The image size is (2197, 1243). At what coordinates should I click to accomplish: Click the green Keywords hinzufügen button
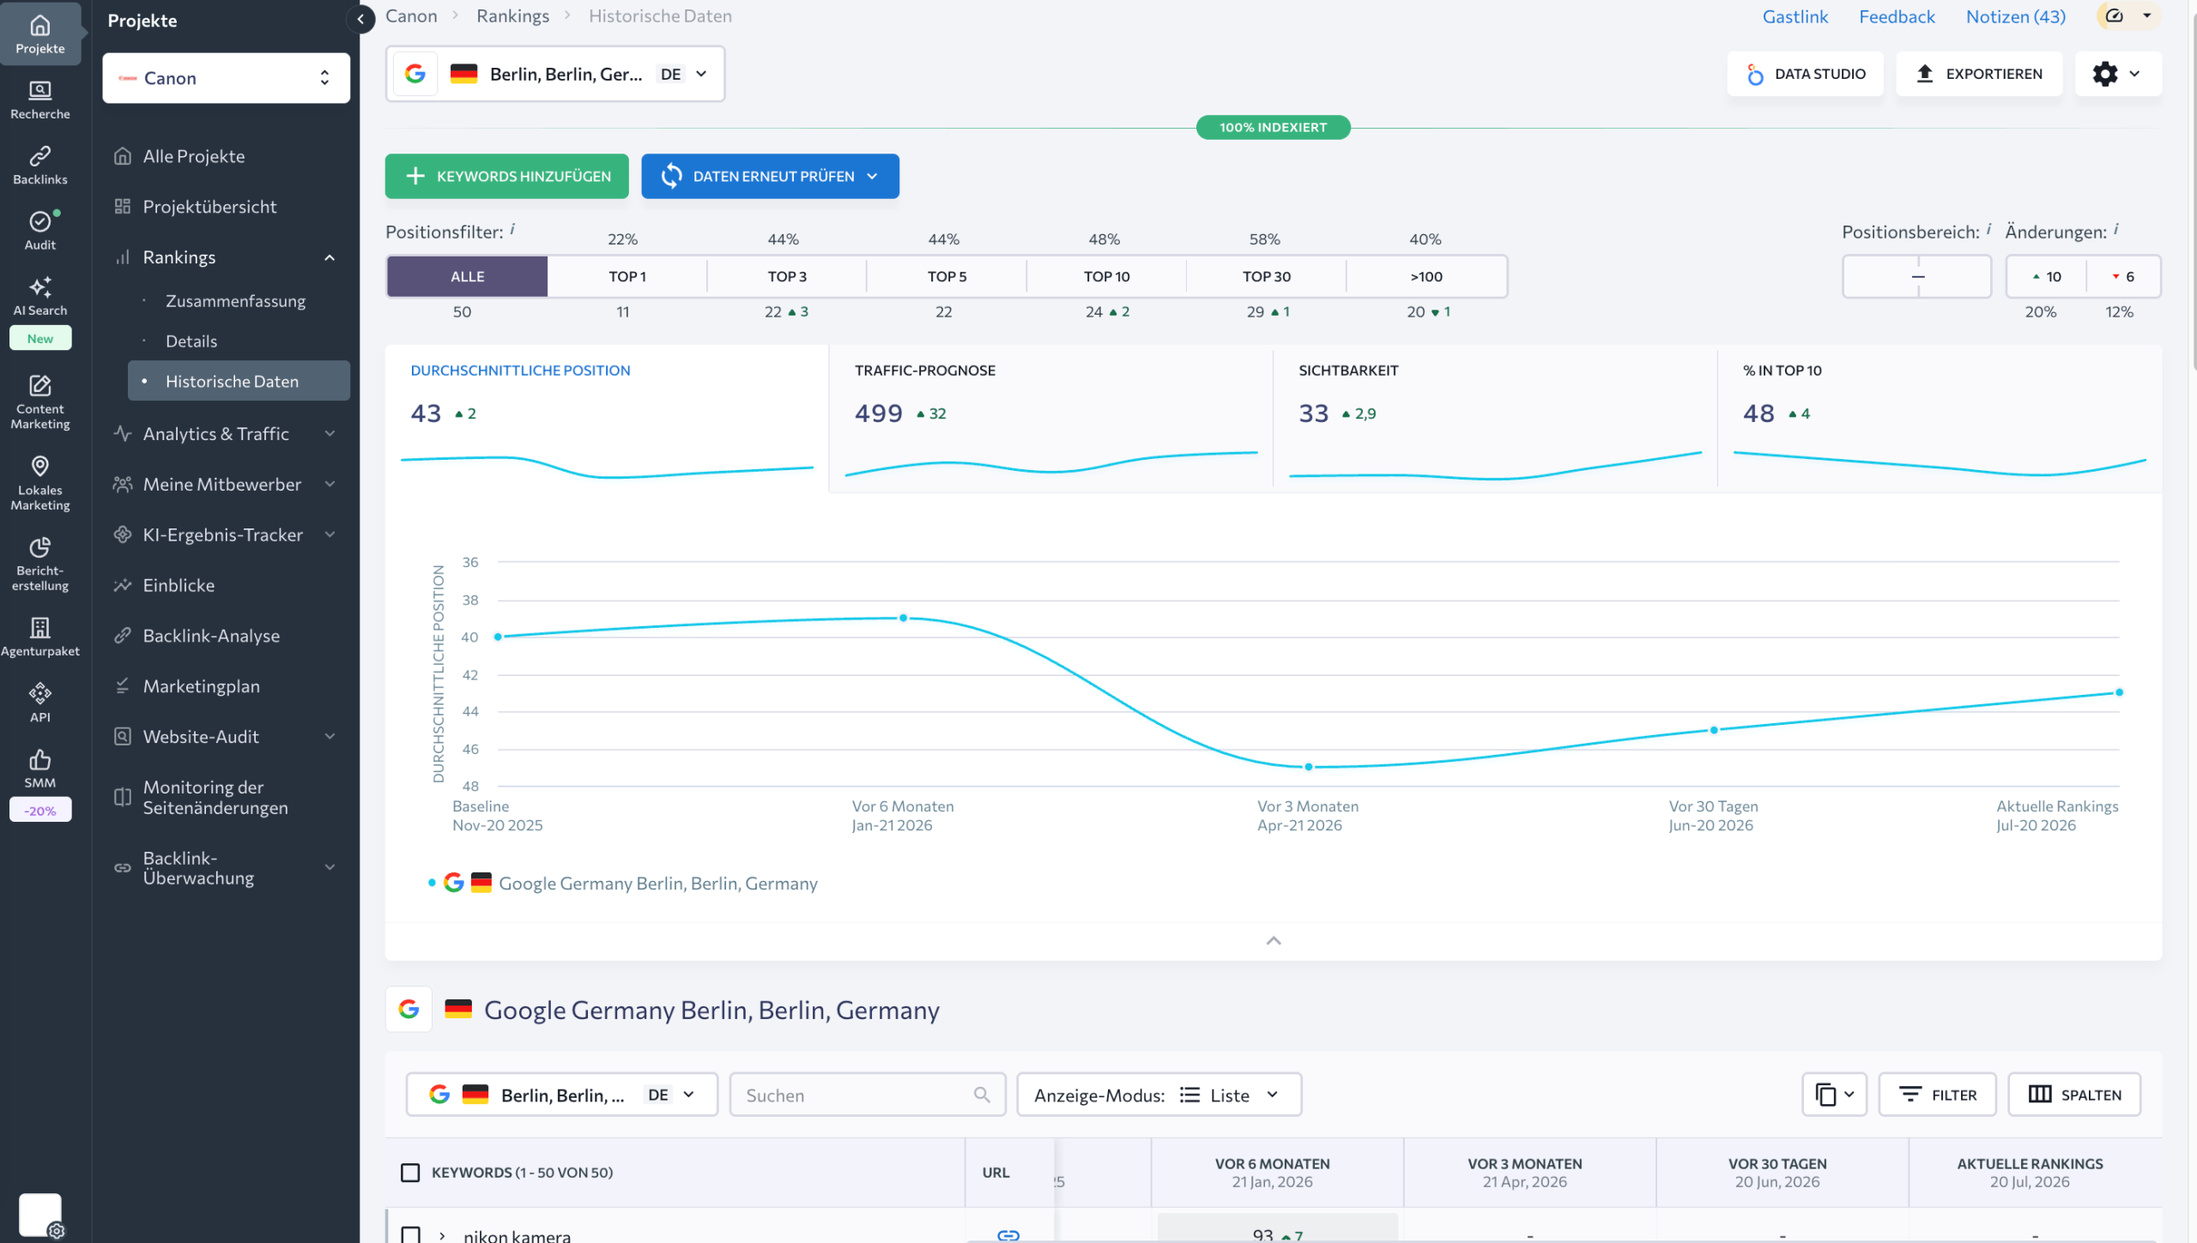(x=506, y=176)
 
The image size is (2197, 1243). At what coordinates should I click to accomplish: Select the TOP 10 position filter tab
(x=1106, y=276)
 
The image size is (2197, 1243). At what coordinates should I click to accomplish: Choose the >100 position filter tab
(x=1426, y=276)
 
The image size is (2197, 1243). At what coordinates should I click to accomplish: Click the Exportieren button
(x=1979, y=74)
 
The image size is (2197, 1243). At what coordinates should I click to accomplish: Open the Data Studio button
(x=1806, y=74)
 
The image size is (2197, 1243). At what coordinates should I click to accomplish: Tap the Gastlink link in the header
(x=1795, y=16)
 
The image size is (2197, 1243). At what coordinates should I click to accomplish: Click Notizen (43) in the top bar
(x=2016, y=16)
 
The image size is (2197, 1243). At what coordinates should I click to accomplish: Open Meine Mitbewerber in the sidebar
(x=223, y=484)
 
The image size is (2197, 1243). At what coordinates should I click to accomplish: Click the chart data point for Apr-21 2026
(x=1308, y=767)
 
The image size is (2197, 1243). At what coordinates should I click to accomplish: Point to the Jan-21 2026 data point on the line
(x=903, y=618)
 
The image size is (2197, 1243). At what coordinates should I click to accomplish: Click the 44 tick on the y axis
(x=470, y=711)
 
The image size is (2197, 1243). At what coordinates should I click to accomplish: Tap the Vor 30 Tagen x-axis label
(x=1713, y=806)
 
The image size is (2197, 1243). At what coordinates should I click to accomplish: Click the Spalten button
(x=2074, y=1095)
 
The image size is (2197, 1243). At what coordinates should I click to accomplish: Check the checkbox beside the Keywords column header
(x=410, y=1173)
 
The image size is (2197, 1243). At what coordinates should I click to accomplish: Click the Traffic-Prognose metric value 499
(x=878, y=413)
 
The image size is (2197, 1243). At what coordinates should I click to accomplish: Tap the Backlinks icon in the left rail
(x=40, y=165)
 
